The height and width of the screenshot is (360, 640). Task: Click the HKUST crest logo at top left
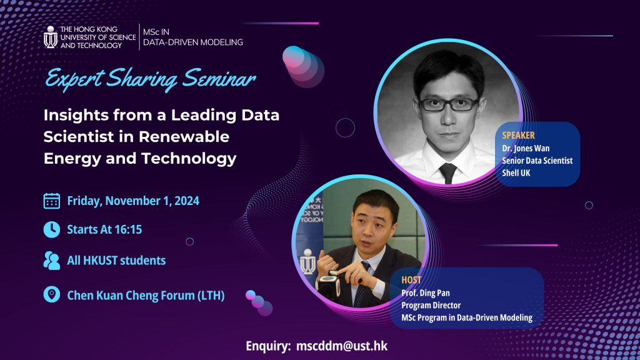[51, 37]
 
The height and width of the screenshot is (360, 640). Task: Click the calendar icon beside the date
[51, 201]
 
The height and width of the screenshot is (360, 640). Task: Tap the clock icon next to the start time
[51, 229]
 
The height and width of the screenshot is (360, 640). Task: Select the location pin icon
[51, 294]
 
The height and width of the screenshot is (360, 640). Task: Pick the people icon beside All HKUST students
[51, 261]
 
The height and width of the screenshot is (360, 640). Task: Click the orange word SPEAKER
[518, 136]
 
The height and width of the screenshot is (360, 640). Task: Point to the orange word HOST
[411, 280]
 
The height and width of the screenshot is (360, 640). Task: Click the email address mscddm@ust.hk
[342, 346]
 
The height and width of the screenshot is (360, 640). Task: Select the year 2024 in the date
[186, 201]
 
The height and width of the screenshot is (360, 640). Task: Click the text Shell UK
[516, 173]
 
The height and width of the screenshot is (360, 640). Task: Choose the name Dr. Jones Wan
[526, 149]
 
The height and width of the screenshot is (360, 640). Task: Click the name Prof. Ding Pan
[425, 293]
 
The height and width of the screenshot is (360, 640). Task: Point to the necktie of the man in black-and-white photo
[447, 172]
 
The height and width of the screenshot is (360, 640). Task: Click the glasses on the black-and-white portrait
[448, 104]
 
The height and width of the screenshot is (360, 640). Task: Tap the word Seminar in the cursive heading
[219, 78]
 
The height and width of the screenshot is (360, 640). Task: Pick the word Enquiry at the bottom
[267, 346]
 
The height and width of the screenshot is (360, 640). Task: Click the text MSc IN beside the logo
[156, 32]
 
